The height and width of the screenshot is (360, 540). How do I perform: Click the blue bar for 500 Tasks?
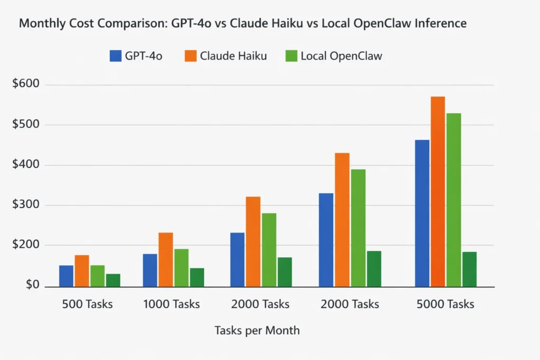point(66,276)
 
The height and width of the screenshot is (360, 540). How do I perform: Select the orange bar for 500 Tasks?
point(82,271)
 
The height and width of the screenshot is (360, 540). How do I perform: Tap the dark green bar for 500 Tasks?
point(113,280)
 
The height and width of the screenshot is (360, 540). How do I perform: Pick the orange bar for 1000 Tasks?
point(166,259)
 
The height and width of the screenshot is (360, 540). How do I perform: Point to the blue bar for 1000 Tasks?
point(150,270)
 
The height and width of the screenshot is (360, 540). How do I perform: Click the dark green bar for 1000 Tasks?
point(197,277)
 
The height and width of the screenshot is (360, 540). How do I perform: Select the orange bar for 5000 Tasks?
point(438,191)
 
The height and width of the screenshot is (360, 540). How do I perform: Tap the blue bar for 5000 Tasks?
point(422,213)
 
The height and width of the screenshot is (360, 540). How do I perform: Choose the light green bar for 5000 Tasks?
point(454,200)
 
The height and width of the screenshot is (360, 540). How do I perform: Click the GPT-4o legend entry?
point(136,56)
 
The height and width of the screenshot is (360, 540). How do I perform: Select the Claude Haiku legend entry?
point(226,56)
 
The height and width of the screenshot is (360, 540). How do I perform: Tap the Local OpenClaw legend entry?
point(333,56)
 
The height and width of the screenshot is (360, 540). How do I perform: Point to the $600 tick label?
point(29,84)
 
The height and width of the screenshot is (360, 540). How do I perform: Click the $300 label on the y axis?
point(29,205)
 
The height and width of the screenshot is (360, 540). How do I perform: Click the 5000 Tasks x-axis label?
point(445,304)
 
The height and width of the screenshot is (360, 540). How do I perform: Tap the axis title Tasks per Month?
point(257,331)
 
